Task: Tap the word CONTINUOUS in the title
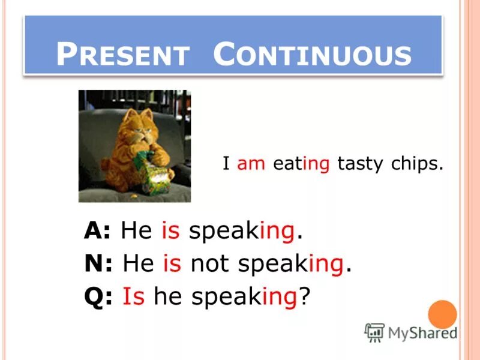point(312,54)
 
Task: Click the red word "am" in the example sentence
point(251,164)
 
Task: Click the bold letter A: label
point(98,231)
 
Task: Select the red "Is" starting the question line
point(134,296)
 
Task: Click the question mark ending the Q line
point(304,296)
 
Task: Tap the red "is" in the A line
point(170,231)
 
